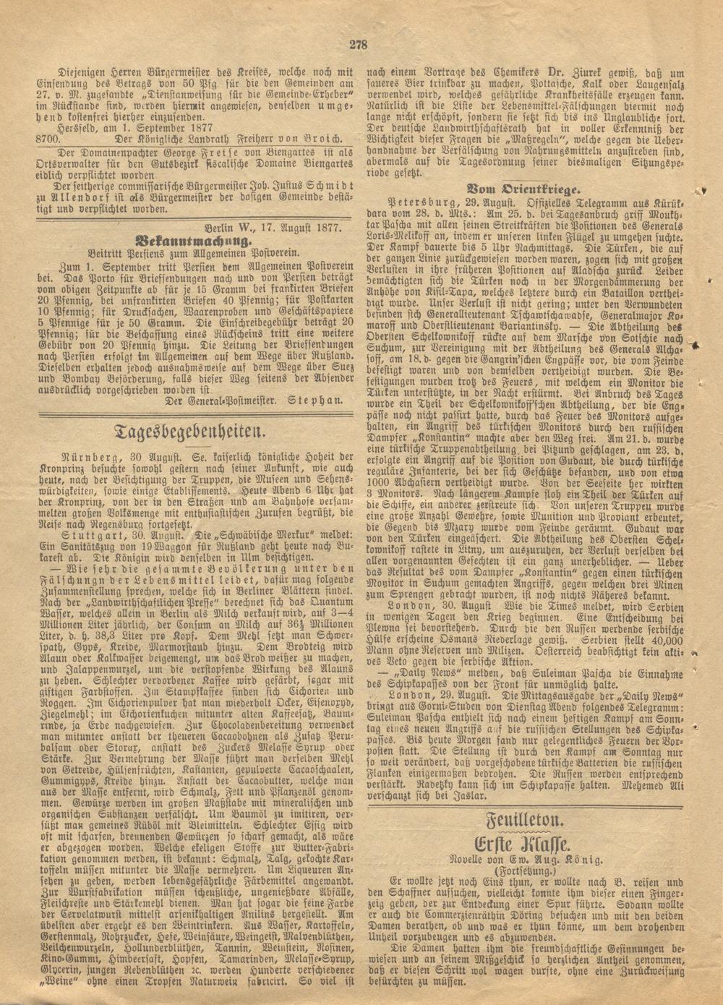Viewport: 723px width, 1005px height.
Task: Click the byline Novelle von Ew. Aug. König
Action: [x=534, y=859]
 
